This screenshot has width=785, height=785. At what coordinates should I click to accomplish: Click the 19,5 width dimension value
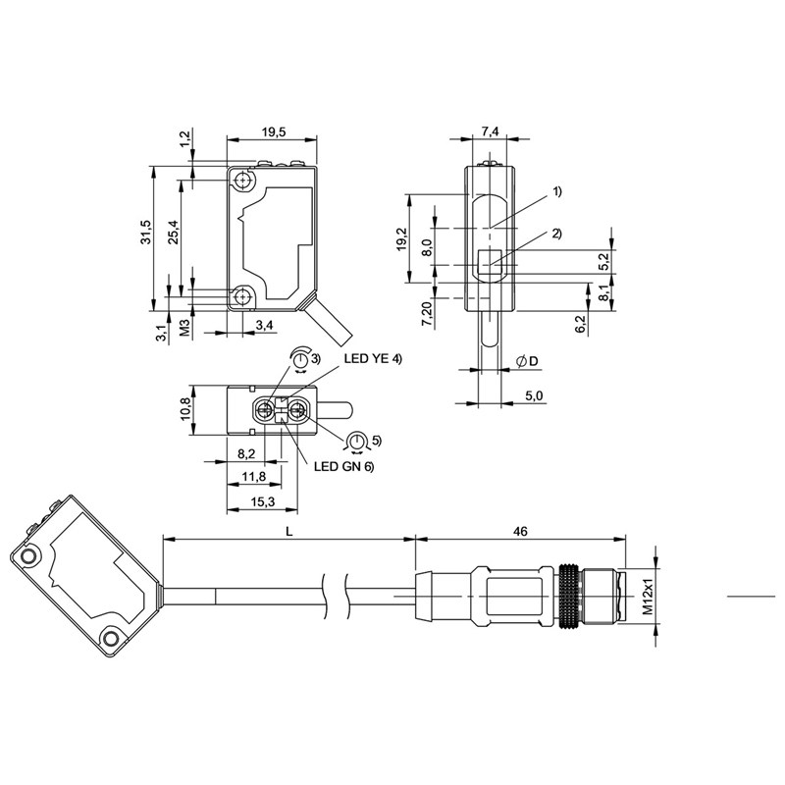[x=273, y=132]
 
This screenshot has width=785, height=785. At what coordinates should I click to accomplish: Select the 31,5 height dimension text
[x=145, y=232]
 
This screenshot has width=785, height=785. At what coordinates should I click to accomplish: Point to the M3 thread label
[x=184, y=328]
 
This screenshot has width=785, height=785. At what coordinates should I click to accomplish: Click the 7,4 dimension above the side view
[x=490, y=131]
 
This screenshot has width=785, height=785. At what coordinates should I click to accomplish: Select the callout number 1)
[x=557, y=191]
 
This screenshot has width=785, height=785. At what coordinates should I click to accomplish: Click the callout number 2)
[x=557, y=234]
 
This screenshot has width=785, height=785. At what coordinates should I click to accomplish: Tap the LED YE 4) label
[x=373, y=359]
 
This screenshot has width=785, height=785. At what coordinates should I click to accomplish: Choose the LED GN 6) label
[x=344, y=467]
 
